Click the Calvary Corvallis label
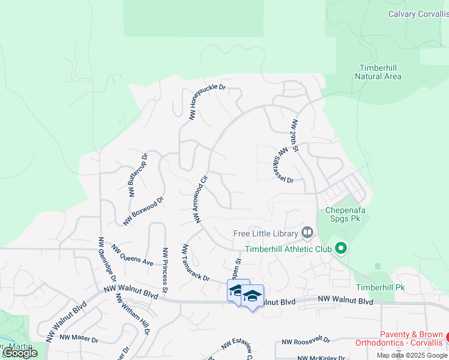pos(418,14)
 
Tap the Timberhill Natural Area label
pos(378,72)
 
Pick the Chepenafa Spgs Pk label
pos(345,215)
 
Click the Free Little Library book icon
pos(307,232)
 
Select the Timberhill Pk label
pos(380,287)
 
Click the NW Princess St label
pos(164,266)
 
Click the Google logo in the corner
pos(20,353)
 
